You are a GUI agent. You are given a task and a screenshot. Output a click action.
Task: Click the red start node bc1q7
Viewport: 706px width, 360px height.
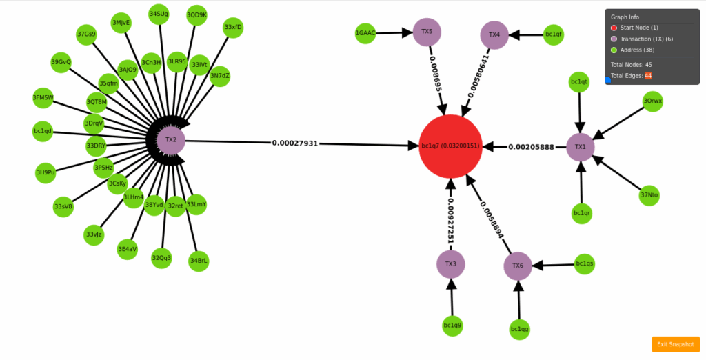point(450,146)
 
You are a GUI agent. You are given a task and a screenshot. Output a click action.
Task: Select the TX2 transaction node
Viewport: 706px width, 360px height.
point(170,140)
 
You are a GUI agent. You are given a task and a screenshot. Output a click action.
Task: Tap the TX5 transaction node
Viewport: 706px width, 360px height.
point(427,32)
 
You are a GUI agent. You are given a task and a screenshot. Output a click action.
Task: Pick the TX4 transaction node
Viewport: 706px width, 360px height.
point(494,34)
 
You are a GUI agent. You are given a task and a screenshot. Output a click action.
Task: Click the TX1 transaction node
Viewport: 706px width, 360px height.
point(580,147)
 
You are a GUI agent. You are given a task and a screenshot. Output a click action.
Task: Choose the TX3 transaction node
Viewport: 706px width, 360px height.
point(450,263)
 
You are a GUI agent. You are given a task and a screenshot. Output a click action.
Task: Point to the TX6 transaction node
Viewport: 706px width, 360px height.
point(518,266)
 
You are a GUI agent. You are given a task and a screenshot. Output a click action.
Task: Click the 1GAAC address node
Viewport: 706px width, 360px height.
point(365,33)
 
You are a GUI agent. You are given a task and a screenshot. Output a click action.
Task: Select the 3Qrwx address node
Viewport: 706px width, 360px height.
point(652,101)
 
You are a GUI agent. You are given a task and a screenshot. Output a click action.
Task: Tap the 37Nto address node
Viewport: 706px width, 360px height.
point(649,195)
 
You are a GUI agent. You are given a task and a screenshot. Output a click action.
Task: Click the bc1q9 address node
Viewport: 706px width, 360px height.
point(452,325)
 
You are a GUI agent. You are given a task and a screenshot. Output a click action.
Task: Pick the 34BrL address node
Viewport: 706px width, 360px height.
point(199,261)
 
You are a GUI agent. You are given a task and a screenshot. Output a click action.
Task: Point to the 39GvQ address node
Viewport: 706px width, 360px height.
point(61,63)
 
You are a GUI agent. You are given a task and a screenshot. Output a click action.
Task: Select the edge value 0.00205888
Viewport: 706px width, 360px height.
point(531,147)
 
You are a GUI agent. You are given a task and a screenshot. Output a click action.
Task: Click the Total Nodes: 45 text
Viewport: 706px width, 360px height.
point(631,64)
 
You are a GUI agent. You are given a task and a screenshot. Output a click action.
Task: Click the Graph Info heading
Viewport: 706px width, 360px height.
point(625,17)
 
